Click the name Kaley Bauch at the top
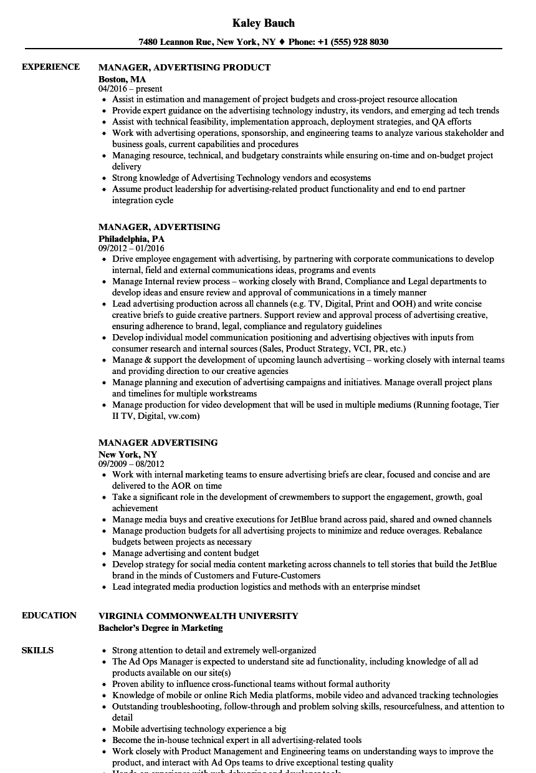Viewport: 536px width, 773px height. coord(263,23)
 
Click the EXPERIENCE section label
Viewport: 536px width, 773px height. coord(50,67)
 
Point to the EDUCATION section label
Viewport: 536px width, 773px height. coord(49,615)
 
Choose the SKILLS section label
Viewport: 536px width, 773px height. coord(37,650)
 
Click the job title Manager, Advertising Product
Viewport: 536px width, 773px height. coord(184,67)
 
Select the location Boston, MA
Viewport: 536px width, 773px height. coord(122,79)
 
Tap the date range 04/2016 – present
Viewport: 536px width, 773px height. coord(130,89)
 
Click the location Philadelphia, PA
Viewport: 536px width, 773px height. coord(132,238)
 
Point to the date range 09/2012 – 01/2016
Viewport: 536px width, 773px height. coord(135,248)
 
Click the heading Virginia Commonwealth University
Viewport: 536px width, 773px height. coord(198,616)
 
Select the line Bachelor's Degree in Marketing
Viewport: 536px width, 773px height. coord(160,628)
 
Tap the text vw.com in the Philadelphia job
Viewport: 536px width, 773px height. coord(184,416)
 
